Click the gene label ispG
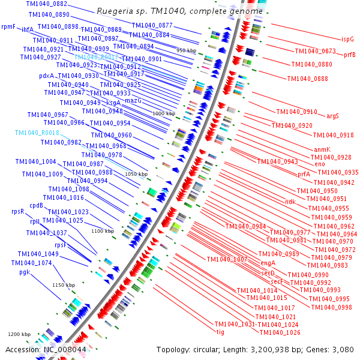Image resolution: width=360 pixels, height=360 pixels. tap(347, 39)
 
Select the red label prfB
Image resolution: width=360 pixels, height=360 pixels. tap(350, 55)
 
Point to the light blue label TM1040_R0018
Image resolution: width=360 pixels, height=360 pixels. tap(37, 133)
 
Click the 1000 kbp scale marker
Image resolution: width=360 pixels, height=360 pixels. tap(163, 113)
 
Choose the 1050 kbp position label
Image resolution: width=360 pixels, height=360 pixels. tap(136, 173)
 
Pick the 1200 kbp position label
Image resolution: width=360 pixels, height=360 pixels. tap(19, 334)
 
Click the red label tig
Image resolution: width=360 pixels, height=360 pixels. tap(220, 331)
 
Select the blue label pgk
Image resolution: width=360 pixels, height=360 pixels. tap(24, 272)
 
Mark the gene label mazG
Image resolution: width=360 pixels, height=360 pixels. tap(133, 101)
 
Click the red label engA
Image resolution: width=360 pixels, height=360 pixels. tap(268, 263)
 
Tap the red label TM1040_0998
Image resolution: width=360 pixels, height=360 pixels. tap(331, 307)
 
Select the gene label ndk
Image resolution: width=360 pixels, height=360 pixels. tap(290, 202)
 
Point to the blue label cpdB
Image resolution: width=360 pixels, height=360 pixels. tap(37, 205)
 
